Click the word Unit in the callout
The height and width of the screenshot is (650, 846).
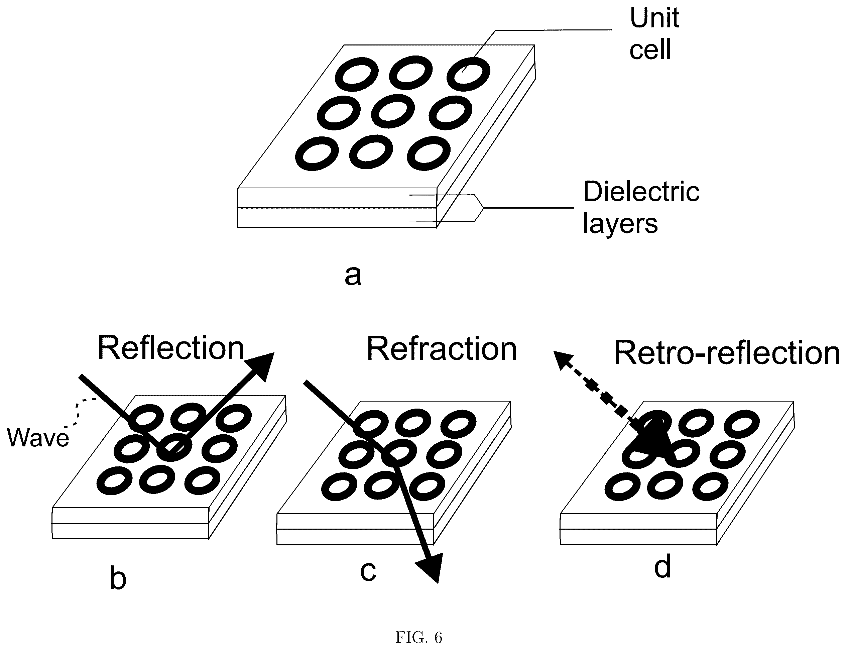click(654, 18)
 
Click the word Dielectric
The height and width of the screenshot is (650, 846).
click(641, 192)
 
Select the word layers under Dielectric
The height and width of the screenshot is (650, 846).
click(620, 224)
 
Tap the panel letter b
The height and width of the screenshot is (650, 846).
click(118, 578)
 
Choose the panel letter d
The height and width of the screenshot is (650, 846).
click(662, 566)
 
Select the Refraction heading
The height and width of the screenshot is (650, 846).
click(441, 349)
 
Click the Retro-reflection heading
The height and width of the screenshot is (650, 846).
click(727, 353)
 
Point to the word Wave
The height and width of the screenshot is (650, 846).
click(38, 438)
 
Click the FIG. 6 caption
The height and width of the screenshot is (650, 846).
click(418, 637)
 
